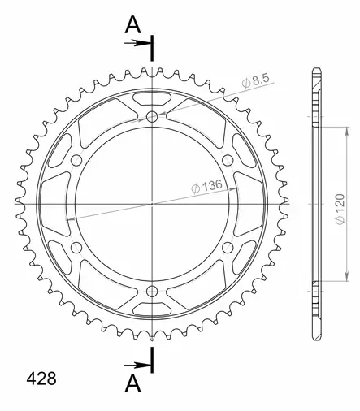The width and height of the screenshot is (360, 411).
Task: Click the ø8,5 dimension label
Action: click(256, 80)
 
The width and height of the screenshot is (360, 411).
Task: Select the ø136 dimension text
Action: click(206, 186)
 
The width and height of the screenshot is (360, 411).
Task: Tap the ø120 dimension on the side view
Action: click(340, 209)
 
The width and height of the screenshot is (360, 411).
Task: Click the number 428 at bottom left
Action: click(41, 379)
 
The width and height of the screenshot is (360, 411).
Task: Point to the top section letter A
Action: click(132, 25)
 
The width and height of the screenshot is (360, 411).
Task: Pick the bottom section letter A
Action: click(133, 383)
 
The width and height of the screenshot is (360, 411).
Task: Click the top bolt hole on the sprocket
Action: click(152, 117)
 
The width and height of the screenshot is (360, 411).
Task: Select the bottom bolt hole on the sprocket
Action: click(152, 292)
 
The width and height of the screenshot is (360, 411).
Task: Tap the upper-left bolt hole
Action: click(76, 161)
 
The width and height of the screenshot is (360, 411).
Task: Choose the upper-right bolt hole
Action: click(228, 161)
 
